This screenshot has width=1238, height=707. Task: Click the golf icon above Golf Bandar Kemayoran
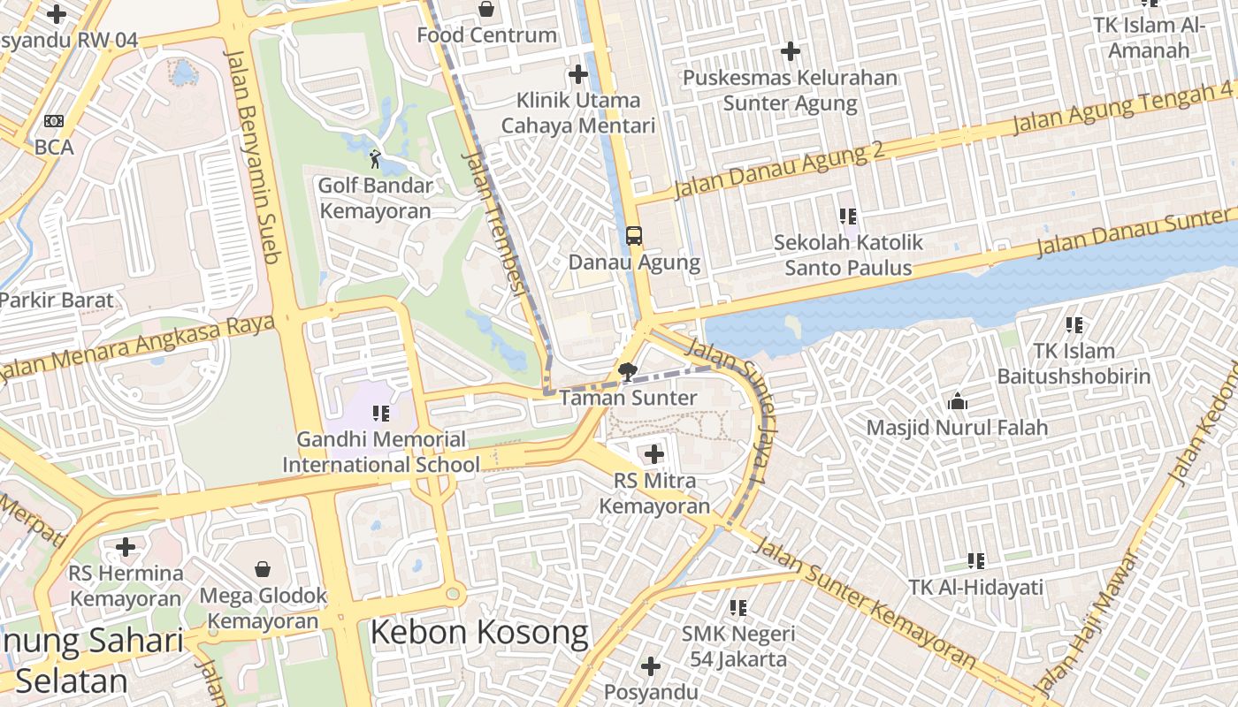coord(375,160)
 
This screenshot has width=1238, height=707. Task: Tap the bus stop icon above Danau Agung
coord(634,236)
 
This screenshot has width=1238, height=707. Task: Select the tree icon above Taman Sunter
coord(628,372)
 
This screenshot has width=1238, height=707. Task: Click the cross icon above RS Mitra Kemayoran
coord(654,455)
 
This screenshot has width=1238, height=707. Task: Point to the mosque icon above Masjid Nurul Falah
coord(957,403)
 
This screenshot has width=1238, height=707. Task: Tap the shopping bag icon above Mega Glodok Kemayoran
coord(263,568)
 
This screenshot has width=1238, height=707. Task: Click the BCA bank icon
coord(54,121)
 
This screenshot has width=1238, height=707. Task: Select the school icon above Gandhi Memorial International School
coord(381,413)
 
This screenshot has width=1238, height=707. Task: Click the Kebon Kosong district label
coord(478,633)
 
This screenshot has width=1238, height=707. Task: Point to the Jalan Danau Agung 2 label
coord(779,171)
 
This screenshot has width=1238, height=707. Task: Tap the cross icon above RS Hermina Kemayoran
coord(126,547)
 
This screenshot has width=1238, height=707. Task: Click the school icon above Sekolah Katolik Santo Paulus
coord(848,216)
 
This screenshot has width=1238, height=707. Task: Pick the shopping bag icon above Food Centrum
coord(486,10)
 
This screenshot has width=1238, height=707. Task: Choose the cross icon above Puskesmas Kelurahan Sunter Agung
coord(791,51)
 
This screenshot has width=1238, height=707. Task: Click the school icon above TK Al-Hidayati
coord(976,560)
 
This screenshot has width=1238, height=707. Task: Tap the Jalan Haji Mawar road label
coord(1084,621)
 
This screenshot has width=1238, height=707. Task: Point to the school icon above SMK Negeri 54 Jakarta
coord(738,607)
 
